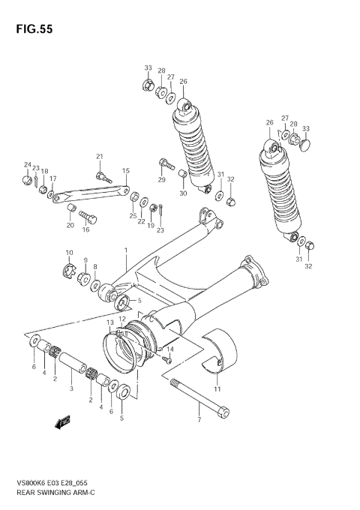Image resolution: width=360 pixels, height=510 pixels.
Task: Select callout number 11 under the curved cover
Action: [217, 389]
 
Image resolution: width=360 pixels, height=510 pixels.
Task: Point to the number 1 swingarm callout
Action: [126, 250]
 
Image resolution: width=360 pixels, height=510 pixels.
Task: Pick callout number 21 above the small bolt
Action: [98, 155]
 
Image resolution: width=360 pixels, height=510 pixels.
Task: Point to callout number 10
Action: [68, 253]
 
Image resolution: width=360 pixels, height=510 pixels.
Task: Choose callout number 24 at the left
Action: [27, 165]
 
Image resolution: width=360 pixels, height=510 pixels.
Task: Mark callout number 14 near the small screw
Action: [170, 349]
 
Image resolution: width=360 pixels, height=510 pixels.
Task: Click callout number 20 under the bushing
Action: [70, 225]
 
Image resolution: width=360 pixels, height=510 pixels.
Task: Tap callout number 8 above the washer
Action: [95, 266]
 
